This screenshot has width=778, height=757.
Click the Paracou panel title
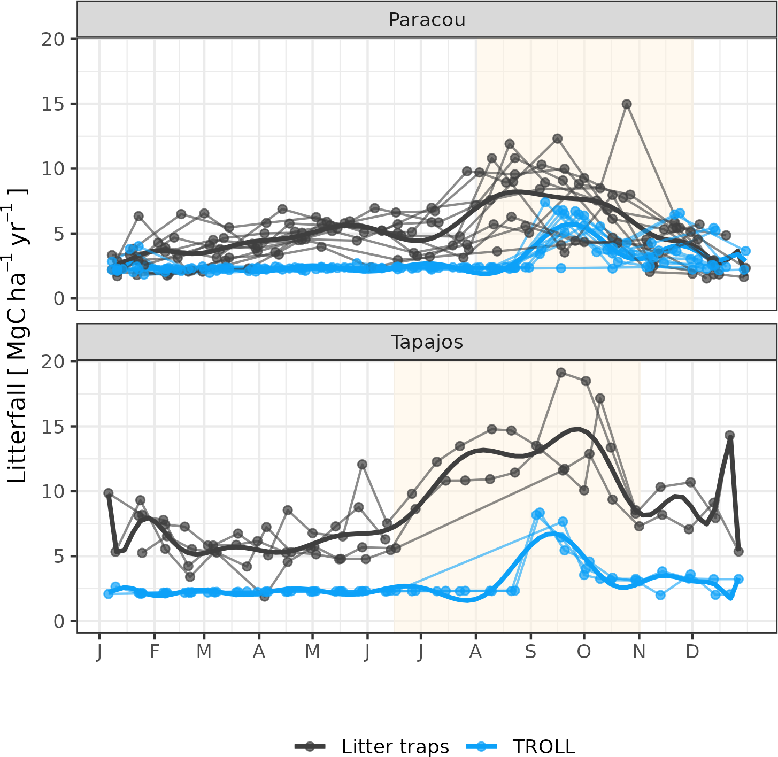[x=427, y=20]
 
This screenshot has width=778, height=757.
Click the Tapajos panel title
[x=427, y=342]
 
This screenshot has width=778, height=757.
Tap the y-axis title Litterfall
[x=18, y=337]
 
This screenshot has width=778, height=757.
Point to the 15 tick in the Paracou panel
[x=52, y=104]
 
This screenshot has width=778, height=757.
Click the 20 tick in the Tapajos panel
[x=52, y=362]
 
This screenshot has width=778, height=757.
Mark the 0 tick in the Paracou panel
[x=59, y=299]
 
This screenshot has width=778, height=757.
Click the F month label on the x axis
[x=155, y=652]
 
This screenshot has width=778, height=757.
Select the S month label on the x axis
[x=530, y=652]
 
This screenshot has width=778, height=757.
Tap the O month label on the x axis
[x=584, y=652]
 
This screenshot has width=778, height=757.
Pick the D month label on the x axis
[x=692, y=652]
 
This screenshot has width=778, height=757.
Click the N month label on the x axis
[x=639, y=652]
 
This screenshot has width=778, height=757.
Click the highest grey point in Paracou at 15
[x=627, y=104]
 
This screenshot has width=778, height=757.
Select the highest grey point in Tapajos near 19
[x=561, y=373]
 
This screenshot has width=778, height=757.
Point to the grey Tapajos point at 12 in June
[x=362, y=464]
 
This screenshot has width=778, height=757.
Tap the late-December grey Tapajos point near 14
[x=730, y=435]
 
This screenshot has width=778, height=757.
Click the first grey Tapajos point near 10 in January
[x=109, y=493]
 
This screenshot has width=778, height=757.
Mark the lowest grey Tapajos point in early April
[x=264, y=596]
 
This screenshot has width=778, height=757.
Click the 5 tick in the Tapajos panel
[x=59, y=557]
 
